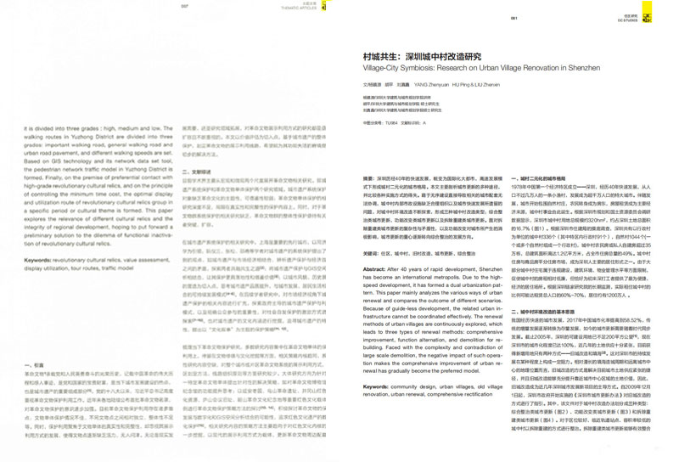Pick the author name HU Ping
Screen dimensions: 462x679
coord(459,86)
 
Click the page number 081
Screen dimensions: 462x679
coord(514,18)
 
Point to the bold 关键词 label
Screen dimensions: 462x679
coord(371,254)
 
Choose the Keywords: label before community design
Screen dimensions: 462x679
coord(377,386)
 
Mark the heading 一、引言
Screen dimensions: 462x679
coord(33,366)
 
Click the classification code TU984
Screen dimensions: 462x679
coord(391,123)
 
